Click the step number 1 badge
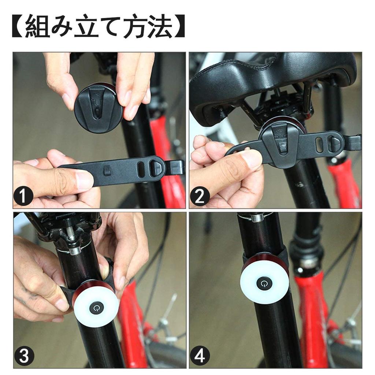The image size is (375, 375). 24,197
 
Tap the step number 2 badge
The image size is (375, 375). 200,197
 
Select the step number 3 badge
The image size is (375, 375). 24,356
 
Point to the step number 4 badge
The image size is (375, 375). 200,356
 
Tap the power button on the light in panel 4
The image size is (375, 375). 264,283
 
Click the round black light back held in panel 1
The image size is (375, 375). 99,108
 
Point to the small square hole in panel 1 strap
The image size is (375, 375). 107,171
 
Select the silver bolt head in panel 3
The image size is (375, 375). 75,251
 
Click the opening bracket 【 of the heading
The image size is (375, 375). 18,26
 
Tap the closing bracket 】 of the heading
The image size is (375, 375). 179,26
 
